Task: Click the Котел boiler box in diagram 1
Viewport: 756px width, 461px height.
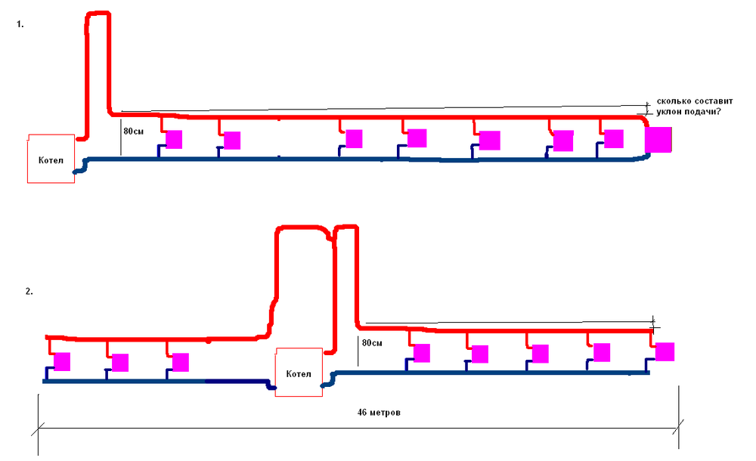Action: click(x=51, y=159)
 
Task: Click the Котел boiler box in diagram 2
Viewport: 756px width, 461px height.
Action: click(x=297, y=373)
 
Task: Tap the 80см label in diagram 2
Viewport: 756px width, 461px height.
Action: click(x=373, y=343)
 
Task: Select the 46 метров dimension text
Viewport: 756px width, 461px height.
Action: click(x=379, y=413)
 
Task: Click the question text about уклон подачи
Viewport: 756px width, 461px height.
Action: click(x=687, y=107)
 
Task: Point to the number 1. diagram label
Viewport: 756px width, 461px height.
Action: click(x=20, y=24)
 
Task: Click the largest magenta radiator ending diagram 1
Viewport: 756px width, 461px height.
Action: click(x=658, y=140)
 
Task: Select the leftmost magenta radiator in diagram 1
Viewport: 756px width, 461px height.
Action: click(x=174, y=139)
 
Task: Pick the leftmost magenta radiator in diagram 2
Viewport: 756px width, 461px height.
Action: click(x=62, y=361)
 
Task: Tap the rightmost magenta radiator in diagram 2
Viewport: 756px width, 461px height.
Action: click(x=665, y=352)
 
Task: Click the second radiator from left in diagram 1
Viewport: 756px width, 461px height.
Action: click(x=232, y=141)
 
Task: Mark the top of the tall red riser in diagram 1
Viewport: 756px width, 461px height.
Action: click(x=98, y=14)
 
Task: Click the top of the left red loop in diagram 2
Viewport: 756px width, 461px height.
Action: click(x=302, y=227)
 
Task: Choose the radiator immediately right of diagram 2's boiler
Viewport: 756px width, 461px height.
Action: click(x=422, y=354)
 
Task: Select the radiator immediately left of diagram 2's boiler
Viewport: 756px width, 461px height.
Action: click(x=180, y=362)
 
